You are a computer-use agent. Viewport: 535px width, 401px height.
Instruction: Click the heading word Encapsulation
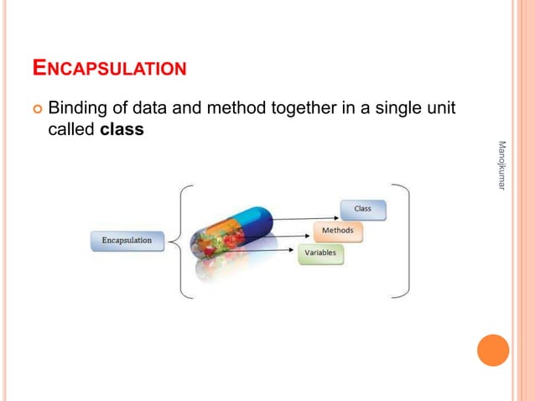click(108, 66)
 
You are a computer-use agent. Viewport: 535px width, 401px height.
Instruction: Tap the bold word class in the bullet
click(121, 130)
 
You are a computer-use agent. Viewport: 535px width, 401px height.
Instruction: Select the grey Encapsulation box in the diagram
click(127, 240)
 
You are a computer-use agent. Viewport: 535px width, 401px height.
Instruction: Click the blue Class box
click(362, 208)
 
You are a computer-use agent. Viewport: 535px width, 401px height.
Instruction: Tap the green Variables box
click(321, 252)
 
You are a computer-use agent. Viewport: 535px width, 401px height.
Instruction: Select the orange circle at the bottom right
click(493, 350)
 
